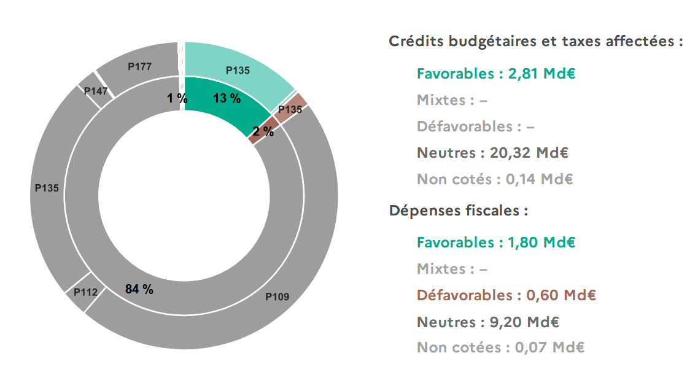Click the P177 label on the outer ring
point(139,66)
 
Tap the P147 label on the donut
point(96,91)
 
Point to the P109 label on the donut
point(277,296)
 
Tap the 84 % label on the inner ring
point(139,289)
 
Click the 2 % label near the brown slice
point(263,131)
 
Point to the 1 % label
point(177,98)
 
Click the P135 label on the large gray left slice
point(47,188)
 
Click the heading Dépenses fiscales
point(459,211)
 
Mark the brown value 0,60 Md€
point(561,295)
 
